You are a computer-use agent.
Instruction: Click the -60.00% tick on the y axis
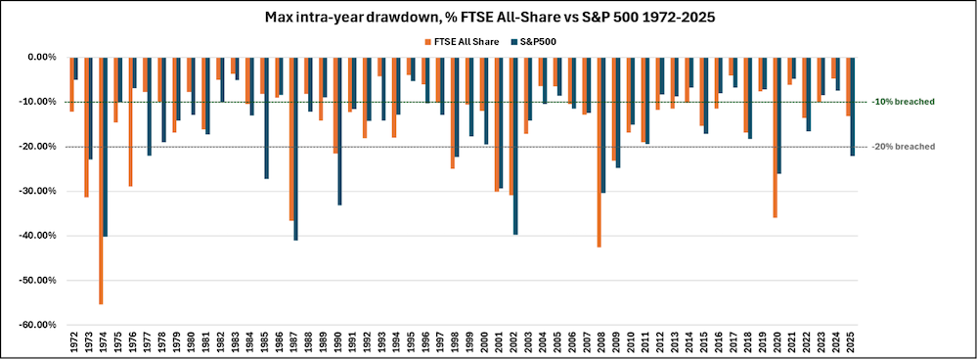pos(40,325)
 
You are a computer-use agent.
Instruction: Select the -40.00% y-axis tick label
pos(40,236)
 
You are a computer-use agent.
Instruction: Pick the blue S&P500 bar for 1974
pos(106,146)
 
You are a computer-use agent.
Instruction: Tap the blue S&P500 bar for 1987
pos(295,148)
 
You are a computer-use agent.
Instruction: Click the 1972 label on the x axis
pos(74,340)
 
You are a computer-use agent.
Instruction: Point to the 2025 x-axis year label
pos(851,340)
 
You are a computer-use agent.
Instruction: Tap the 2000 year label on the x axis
pos(484,340)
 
